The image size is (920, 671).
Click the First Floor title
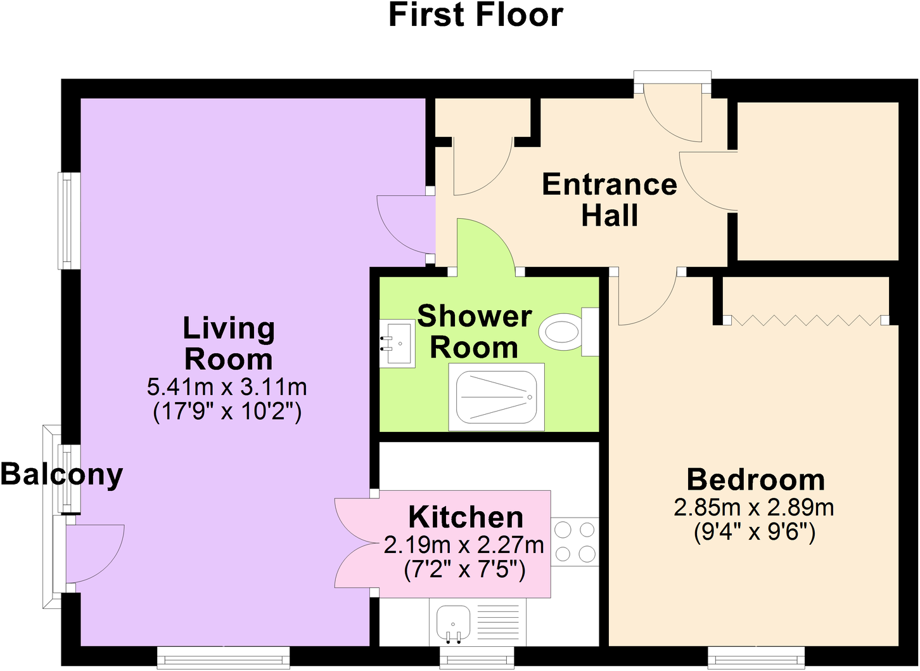coord(475,15)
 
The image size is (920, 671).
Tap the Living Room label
coord(229,343)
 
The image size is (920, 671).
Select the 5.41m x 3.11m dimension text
coord(227,386)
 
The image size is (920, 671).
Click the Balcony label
coord(61,474)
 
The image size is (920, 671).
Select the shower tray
coord(496,396)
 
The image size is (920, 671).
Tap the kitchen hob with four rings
coord(575,542)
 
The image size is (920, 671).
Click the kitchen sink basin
coord(452,622)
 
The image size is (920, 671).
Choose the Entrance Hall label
coord(610,200)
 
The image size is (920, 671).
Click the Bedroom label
coord(756,479)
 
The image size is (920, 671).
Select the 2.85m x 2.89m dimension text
coord(754,507)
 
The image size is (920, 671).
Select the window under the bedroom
coord(756,657)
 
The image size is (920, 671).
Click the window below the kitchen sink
coord(476,658)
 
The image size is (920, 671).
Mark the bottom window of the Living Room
coord(223,657)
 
